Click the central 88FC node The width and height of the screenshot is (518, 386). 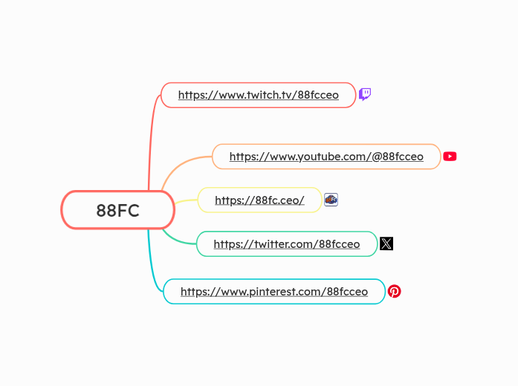click(117, 210)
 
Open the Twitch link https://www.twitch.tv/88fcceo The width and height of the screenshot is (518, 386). click(258, 95)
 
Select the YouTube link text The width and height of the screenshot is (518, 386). click(326, 157)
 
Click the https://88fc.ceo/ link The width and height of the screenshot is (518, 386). click(259, 200)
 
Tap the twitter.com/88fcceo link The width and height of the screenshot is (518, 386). click(286, 244)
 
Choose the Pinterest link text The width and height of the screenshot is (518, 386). click(273, 292)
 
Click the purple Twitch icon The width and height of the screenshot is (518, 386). click(365, 94)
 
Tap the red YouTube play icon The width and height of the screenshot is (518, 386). click(450, 157)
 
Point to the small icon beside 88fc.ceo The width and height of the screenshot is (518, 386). click(331, 200)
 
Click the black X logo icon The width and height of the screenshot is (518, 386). click(386, 243)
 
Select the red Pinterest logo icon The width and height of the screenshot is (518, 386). click(395, 292)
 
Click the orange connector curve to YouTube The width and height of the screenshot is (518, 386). click(178, 166)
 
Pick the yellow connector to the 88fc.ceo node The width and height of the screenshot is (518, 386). click(186, 201)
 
